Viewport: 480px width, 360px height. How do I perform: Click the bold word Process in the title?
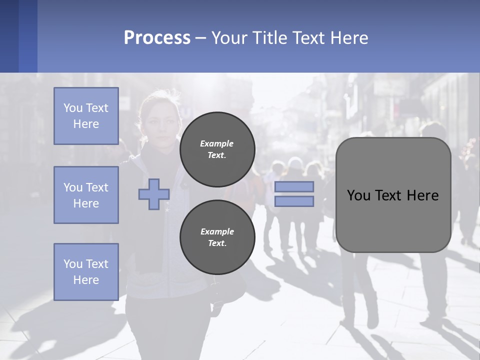coord(157,38)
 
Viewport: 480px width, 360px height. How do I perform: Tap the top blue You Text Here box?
coord(86,116)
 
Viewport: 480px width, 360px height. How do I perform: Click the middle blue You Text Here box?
coord(86,195)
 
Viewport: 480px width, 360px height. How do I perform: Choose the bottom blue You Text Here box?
coord(86,271)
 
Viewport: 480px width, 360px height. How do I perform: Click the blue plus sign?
coord(154,194)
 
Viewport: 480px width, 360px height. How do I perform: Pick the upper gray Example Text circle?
coord(217,149)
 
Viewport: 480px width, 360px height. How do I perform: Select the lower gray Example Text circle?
coord(217,237)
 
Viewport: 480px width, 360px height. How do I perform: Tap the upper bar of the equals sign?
coord(294,186)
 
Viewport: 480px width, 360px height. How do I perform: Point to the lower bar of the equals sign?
coord(294,201)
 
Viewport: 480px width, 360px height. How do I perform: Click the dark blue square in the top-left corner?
coord(9,36)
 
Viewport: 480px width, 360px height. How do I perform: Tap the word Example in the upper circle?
coord(217,143)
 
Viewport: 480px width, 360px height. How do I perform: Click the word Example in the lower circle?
coord(217,231)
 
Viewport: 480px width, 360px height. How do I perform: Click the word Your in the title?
coord(228,38)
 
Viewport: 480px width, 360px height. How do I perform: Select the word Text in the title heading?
coord(308,38)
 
